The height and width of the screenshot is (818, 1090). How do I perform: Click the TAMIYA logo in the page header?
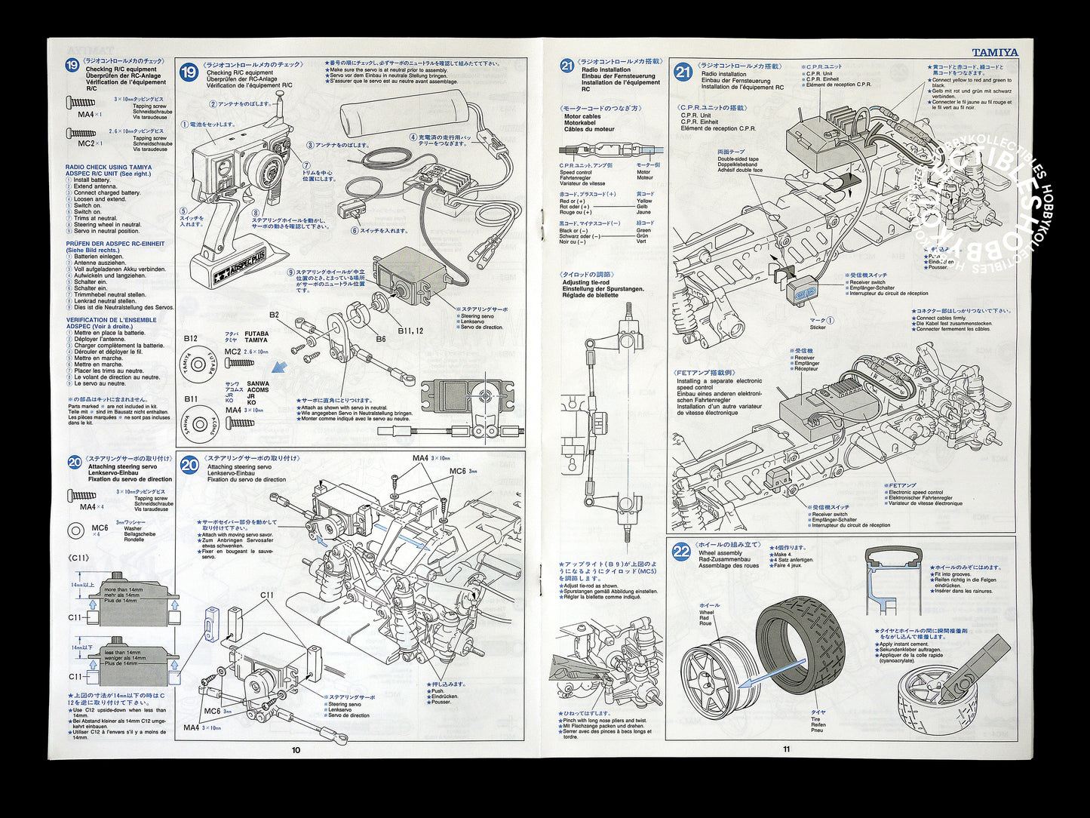[x=994, y=53]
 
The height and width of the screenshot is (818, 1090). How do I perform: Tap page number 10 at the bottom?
[x=296, y=749]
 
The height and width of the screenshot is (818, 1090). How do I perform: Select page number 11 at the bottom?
[x=787, y=749]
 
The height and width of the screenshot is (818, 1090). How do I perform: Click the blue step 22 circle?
[x=681, y=552]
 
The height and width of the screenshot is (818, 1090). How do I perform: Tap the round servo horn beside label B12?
[x=198, y=364]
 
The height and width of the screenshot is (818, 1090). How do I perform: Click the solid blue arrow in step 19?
[x=280, y=368]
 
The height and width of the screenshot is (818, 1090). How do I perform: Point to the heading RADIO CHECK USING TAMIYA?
[x=108, y=168]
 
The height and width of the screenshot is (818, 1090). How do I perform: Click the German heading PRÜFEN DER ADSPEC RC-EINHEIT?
[x=115, y=244]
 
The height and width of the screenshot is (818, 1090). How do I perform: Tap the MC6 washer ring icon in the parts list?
[x=76, y=531]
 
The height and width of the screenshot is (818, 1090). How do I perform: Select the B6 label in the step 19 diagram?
[x=381, y=339]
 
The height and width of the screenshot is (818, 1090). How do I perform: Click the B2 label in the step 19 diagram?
[x=274, y=315]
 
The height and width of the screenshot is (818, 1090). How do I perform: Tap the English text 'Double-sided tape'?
[x=738, y=158]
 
